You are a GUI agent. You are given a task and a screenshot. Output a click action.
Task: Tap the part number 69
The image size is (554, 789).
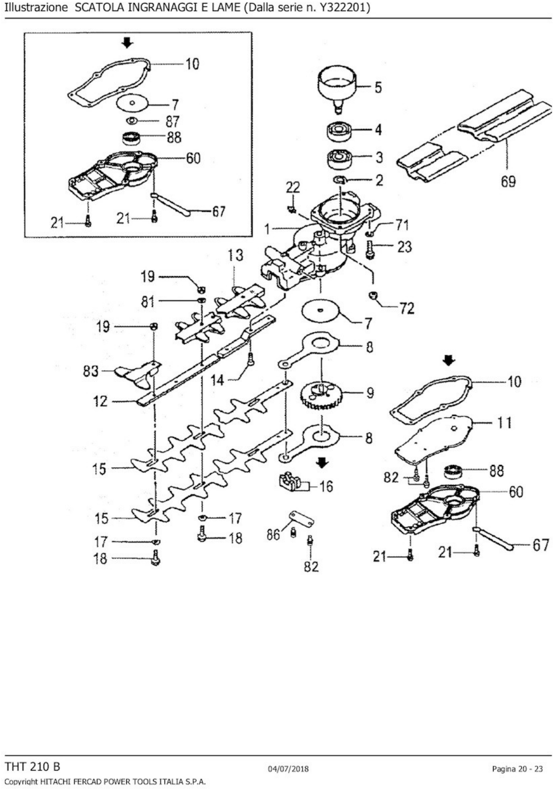point(508,181)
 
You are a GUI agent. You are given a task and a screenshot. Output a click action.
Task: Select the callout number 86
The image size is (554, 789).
point(273,535)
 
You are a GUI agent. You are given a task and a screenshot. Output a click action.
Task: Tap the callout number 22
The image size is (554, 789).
point(293,188)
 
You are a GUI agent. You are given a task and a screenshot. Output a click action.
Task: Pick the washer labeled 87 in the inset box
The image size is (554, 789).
point(132,121)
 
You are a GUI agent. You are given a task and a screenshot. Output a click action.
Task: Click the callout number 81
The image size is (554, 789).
point(148,302)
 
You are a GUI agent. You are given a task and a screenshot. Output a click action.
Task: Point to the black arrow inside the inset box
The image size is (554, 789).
point(127,43)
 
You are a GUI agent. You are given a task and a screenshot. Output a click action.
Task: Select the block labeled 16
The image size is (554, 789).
point(289,482)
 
